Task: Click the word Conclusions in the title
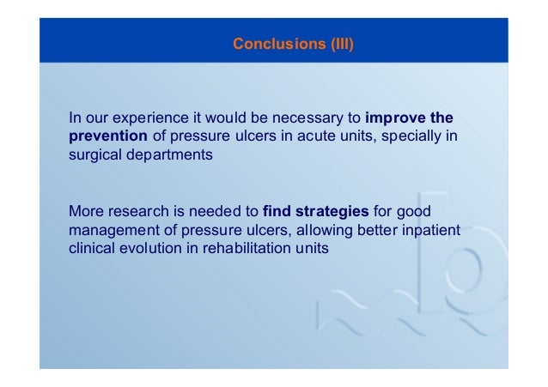(x=279, y=44)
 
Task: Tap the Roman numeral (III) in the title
(x=343, y=44)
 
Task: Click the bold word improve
(x=395, y=118)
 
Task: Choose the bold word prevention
(x=108, y=136)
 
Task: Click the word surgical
(x=95, y=154)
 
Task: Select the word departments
(x=169, y=154)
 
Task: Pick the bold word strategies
(x=332, y=212)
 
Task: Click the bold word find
(x=277, y=211)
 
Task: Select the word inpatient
(x=431, y=230)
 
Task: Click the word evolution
(x=149, y=248)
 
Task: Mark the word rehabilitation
(x=247, y=248)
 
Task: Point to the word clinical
(x=92, y=248)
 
